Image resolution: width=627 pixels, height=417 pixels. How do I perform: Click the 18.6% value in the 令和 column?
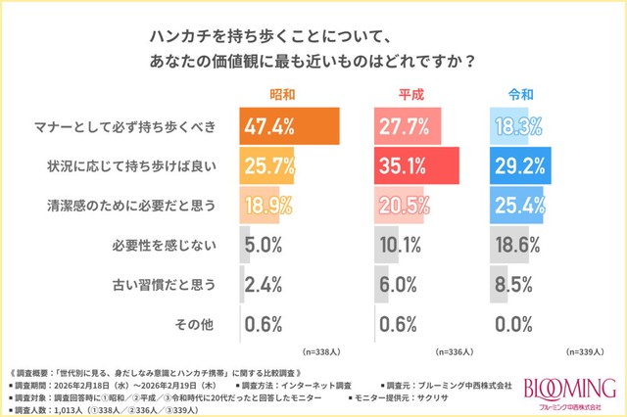pos(525,245)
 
